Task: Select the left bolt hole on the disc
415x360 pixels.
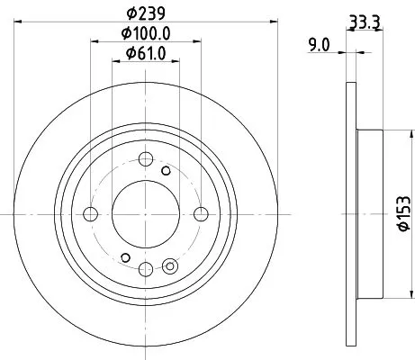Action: coord(91,213)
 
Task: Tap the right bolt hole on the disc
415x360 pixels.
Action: coord(200,213)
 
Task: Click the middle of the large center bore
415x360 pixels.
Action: coord(145,213)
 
